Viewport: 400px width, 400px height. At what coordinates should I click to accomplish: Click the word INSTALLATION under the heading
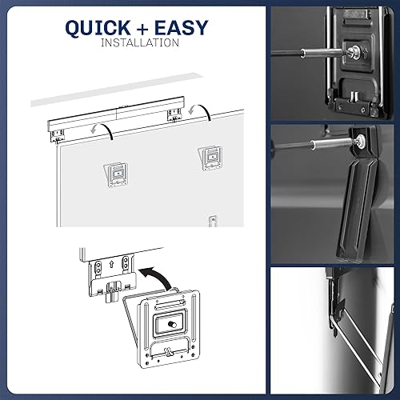[140, 42]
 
